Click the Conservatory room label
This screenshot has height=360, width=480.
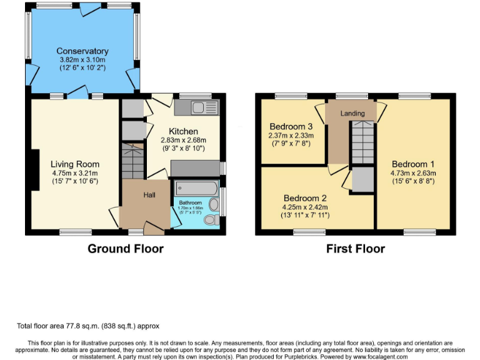point(82,51)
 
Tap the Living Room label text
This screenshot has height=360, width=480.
point(74,164)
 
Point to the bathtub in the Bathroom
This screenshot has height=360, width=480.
point(196,187)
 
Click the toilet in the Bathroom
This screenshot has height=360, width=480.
point(211,220)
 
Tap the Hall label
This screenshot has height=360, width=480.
point(149,195)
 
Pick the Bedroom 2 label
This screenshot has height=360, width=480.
point(305,198)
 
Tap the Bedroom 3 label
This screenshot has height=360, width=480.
point(291,126)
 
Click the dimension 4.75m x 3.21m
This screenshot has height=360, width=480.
point(74,173)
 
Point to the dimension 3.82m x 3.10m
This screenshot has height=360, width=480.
point(82,59)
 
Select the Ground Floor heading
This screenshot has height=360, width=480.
point(125,249)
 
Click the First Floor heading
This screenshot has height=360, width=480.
point(355,249)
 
